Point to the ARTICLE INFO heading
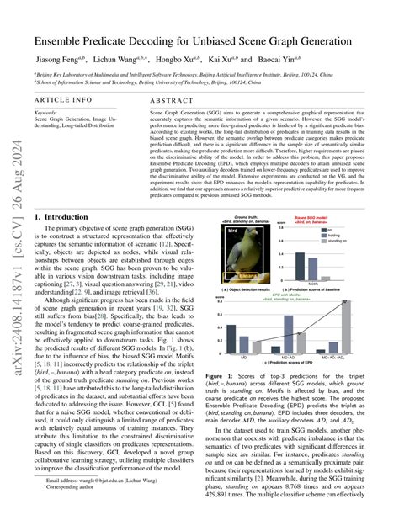(62, 100)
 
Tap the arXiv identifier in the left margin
(14, 252)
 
